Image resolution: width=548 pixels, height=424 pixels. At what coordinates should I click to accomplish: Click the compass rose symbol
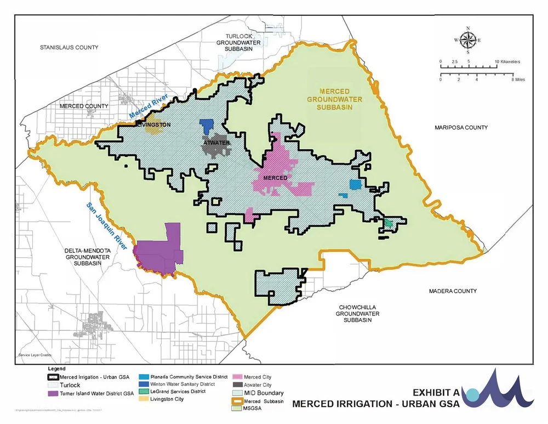tap(467, 40)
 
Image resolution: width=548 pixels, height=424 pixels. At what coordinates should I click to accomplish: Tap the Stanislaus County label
tap(69, 48)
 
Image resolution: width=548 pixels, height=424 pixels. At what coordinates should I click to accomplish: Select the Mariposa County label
tap(461, 128)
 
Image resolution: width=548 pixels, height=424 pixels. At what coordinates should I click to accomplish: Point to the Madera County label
tap(453, 291)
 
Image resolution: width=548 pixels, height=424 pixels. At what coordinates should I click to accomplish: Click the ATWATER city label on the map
tap(216, 143)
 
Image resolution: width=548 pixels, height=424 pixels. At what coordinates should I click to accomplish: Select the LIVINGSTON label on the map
tap(154, 125)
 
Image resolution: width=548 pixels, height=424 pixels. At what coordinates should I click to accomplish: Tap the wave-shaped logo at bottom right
tap(499, 389)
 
